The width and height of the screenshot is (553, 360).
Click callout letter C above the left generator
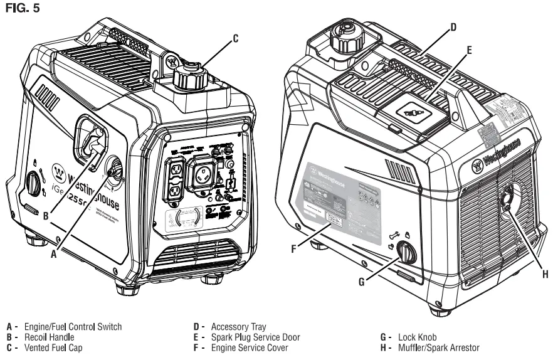235,38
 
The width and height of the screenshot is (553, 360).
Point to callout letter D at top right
453,27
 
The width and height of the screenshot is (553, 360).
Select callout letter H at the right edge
544,273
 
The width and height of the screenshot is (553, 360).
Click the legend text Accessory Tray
238,327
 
